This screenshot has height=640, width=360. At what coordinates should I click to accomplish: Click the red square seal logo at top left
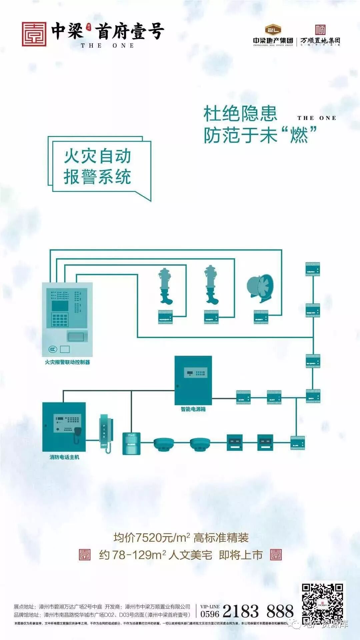34,34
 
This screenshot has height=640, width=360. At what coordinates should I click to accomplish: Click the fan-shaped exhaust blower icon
260,288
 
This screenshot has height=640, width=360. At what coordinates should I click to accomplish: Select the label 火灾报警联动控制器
67,362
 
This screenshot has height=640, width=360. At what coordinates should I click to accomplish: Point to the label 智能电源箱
193,409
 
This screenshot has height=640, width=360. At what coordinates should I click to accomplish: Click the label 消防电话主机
64,457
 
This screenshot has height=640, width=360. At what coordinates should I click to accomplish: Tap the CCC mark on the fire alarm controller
53,349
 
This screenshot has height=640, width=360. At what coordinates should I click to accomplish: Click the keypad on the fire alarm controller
60,320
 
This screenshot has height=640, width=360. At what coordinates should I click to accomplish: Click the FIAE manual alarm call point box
131,443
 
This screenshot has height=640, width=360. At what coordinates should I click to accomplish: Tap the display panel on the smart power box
196,372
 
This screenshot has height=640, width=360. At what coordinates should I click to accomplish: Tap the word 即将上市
241,555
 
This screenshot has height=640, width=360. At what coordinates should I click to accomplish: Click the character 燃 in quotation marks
299,135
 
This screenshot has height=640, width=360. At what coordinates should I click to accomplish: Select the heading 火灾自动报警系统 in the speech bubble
97,166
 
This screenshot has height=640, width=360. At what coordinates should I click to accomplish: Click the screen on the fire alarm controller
60,306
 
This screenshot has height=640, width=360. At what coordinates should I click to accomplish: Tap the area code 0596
210,614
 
